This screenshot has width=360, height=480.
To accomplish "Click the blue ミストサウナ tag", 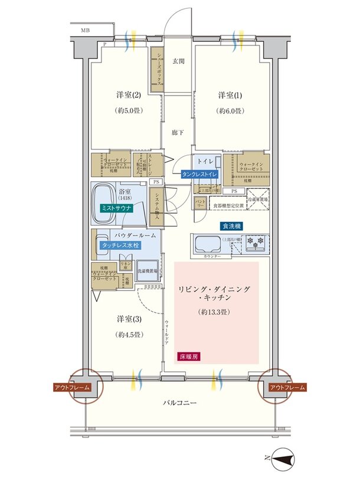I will point(117,208).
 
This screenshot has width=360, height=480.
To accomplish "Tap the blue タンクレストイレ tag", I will point(200,175).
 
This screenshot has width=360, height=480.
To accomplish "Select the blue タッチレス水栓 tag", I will point(120,244).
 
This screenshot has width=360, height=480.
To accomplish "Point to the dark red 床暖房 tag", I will point(188,356).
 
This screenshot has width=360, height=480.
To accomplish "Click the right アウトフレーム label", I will point(287,387).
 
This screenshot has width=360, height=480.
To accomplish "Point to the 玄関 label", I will point(178,60).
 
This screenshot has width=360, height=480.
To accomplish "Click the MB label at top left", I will point(86,28).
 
